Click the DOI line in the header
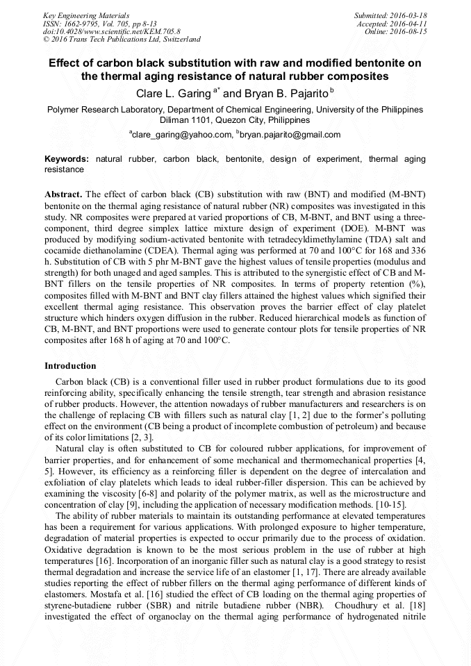111,32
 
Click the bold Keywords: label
67,159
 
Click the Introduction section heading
70,366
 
